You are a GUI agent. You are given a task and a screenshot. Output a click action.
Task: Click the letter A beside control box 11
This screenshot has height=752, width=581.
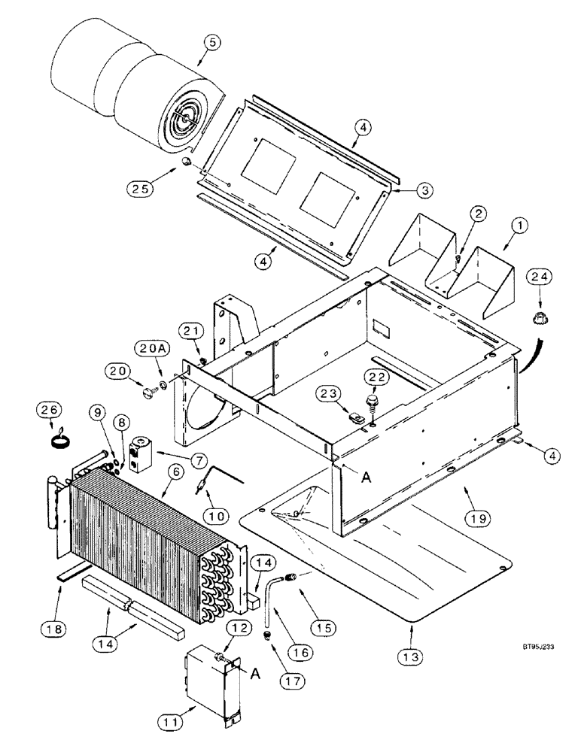tap(256, 652)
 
